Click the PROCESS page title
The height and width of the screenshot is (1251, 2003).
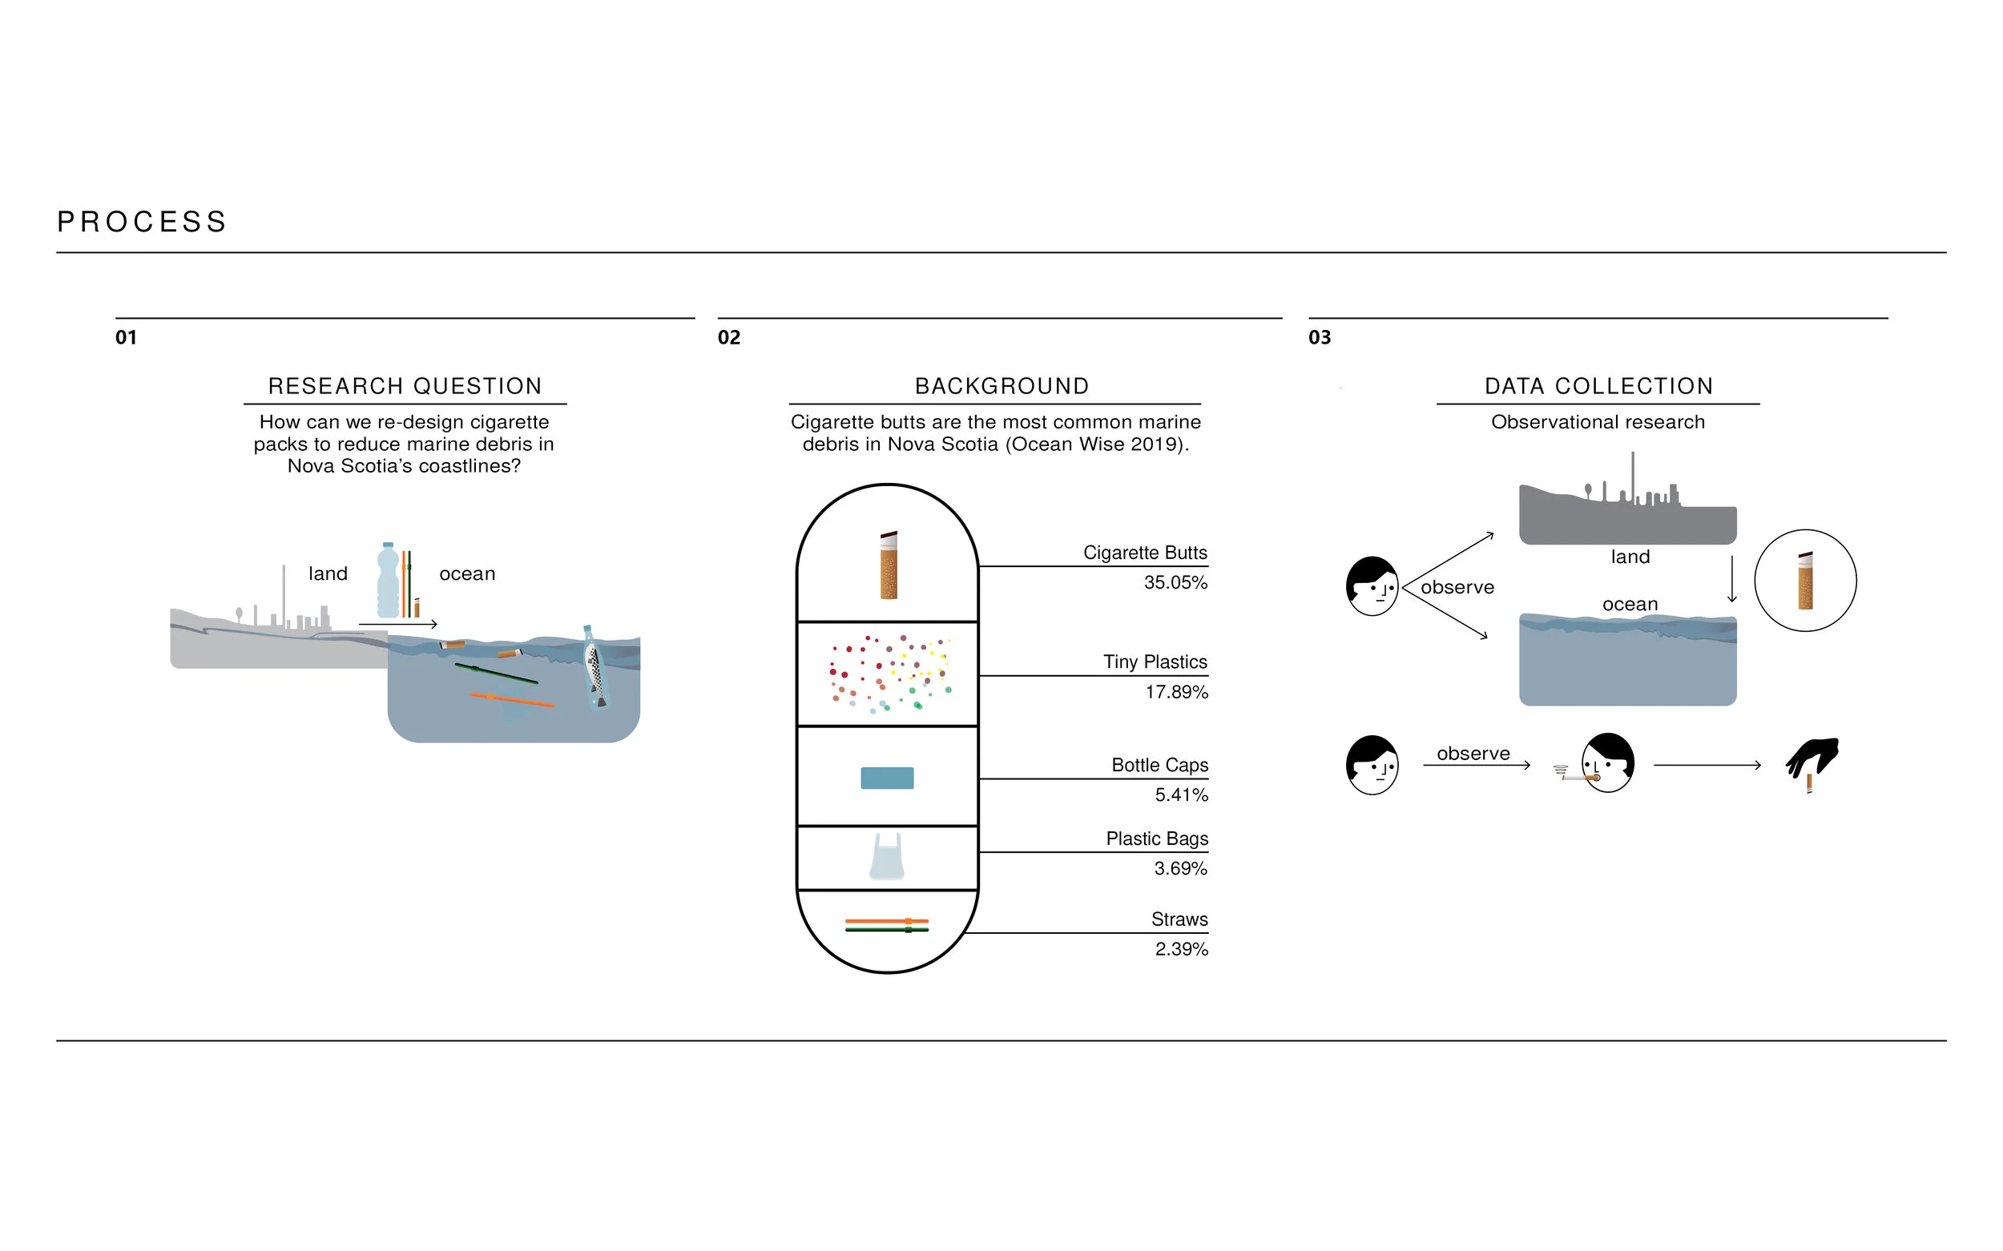(x=142, y=222)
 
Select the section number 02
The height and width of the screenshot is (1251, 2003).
(x=728, y=337)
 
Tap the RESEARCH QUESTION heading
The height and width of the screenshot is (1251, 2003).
(x=405, y=385)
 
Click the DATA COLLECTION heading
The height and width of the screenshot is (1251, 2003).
(x=1598, y=385)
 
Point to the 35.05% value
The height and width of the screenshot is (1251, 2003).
(x=1175, y=582)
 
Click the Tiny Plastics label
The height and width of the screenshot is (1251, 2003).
(x=1155, y=662)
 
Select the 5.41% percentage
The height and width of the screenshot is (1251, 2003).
(x=1181, y=795)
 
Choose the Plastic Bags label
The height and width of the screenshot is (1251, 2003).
(x=1156, y=839)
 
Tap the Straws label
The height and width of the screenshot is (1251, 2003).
(x=1179, y=919)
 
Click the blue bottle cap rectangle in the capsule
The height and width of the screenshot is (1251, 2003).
(x=886, y=778)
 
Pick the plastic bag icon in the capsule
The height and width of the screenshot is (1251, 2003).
(x=886, y=855)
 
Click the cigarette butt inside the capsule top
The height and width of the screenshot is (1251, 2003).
(x=888, y=565)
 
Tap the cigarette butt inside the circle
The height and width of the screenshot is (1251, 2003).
(x=1805, y=581)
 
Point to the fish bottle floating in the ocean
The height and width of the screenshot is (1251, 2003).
(x=594, y=667)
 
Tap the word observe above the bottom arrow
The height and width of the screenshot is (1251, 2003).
(x=1473, y=754)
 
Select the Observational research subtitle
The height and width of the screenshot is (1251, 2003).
(x=1598, y=422)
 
